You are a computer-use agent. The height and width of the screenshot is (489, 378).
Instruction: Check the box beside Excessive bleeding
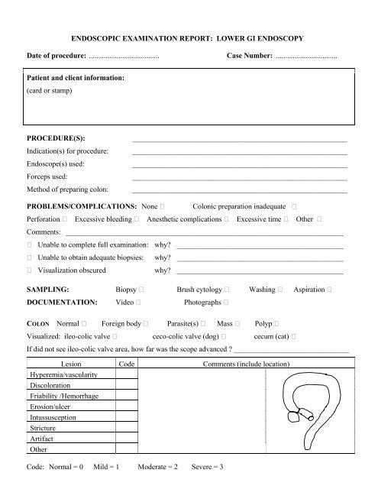[135, 219]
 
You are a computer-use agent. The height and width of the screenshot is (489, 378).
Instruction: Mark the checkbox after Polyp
[286, 324]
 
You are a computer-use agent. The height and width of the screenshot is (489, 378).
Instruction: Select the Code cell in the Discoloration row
[127, 386]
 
